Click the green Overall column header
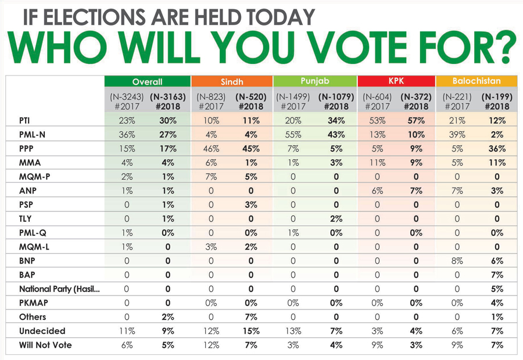[x=147, y=82]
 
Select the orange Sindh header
[x=232, y=82]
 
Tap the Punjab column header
[x=315, y=81]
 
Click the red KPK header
[x=396, y=81]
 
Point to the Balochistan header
[x=477, y=81]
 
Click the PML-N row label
[x=32, y=135]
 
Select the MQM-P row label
[x=34, y=177]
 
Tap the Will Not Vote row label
[x=45, y=345]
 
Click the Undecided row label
[x=42, y=331]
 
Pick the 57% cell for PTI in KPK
[x=416, y=121]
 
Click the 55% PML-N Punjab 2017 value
[x=293, y=135]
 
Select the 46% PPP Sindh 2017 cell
[x=211, y=149]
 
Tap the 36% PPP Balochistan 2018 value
[x=497, y=149]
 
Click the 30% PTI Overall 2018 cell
[x=168, y=121]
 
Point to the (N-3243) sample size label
[x=127, y=97]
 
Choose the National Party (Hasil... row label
[x=59, y=289]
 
